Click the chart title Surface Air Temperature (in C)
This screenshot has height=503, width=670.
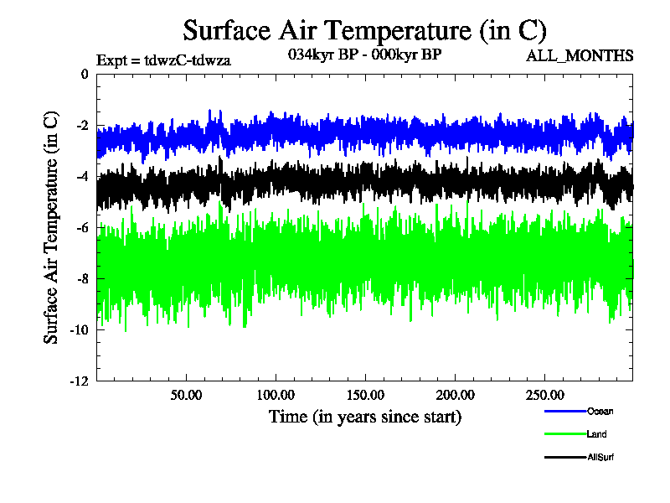364,30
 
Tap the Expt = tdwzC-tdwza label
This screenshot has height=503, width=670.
163,60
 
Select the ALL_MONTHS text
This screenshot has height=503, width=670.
579,56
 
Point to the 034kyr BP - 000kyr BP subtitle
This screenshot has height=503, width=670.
363,55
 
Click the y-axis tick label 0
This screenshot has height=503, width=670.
84,75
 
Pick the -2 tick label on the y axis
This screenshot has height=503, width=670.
81,126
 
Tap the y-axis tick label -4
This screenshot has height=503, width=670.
81,177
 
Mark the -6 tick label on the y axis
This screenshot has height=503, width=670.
81,228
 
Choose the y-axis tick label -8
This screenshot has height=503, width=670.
81,279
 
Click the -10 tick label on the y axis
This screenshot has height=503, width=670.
79,330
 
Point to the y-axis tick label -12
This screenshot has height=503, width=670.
79,381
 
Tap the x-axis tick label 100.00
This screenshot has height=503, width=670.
275,395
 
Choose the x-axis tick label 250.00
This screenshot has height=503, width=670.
544,395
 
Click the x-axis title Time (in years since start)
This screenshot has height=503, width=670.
364,417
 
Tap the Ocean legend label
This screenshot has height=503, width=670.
600,411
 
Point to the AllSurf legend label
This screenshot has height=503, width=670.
601,457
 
